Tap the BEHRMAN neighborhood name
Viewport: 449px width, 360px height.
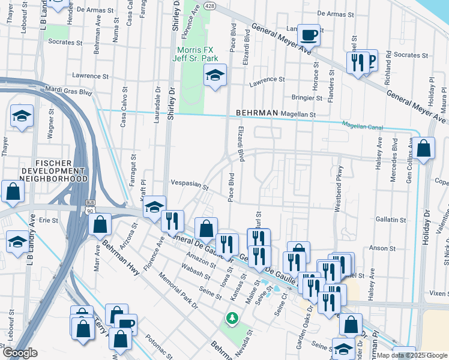pos(258,113)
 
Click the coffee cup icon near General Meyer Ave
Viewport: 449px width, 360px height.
pos(309,35)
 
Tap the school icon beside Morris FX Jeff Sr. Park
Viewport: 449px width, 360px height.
pos(214,75)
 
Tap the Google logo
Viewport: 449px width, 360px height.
pos(20,353)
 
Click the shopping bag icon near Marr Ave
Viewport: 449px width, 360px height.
pos(100,224)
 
